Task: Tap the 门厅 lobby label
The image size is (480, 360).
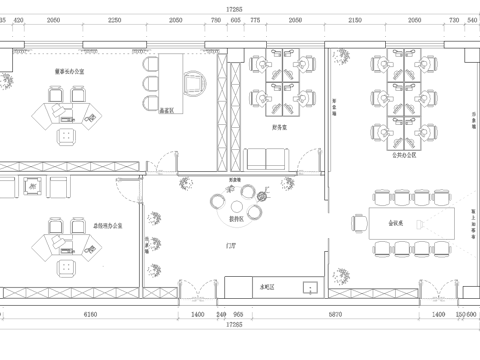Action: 232,243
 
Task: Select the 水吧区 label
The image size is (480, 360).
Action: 268,286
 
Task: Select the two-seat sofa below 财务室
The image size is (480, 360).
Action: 268,159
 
